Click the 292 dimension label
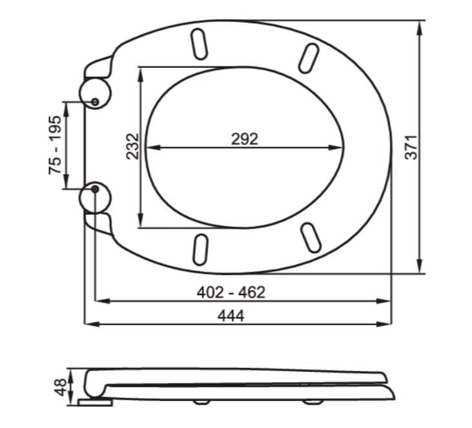point(245,139)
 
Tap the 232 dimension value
point(133,147)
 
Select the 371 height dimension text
point(411,147)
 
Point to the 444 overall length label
point(231,316)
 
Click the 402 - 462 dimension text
point(231,292)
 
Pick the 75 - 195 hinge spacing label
point(55,145)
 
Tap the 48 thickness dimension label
point(60,387)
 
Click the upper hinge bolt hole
point(95,102)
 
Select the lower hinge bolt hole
point(95,189)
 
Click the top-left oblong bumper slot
point(199,44)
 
